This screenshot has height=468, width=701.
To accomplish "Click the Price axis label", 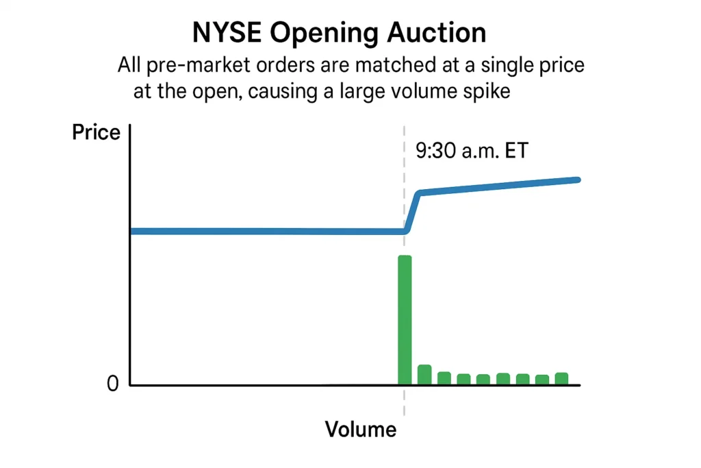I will pos(96,132).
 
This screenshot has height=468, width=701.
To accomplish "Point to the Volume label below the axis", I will pos(360,430).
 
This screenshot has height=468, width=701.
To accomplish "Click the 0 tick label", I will pos(113,384).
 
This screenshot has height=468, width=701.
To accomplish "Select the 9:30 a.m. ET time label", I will pos(472,150).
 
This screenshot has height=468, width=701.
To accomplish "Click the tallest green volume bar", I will pos(405,319).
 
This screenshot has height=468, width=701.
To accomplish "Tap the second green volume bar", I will pos(424,375).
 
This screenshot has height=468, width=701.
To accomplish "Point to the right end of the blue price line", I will pos(578,180).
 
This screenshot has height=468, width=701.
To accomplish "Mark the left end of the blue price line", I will pos(133,231).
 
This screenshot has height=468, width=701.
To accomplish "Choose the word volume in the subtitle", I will pos(423,91).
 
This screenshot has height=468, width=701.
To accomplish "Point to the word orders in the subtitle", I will pos(276,66).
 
